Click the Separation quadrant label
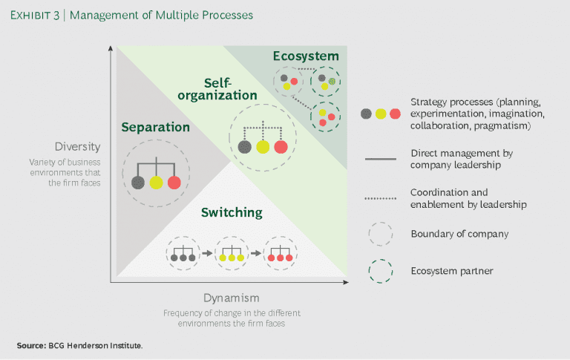click(156, 127)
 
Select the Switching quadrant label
click(232, 212)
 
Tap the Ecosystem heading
click(305, 56)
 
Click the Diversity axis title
click(76, 146)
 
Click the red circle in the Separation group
click(174, 182)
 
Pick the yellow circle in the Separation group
click(156, 182)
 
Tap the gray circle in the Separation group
click(137, 182)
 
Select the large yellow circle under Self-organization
click(263, 147)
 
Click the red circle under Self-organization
click(281, 147)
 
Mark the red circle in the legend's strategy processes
click(395, 114)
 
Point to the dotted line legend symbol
click(380, 197)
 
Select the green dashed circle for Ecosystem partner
click(380, 271)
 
